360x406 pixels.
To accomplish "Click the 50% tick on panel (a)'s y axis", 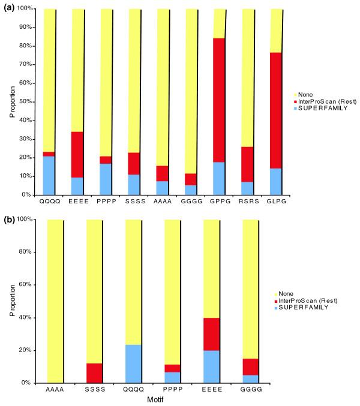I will click(x=28, y=102).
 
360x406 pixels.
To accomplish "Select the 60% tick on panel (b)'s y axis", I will click(x=28, y=285).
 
